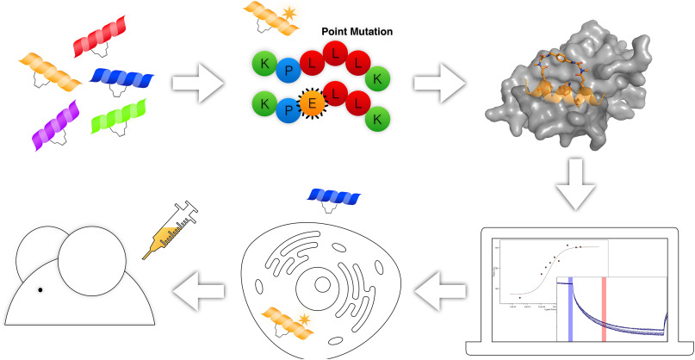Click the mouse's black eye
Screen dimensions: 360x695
(40, 289)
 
